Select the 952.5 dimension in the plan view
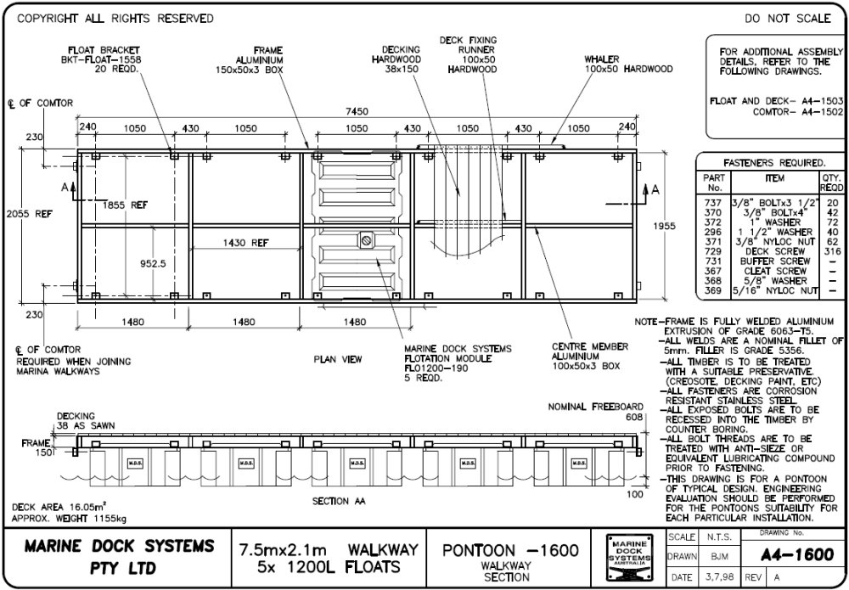point(154,264)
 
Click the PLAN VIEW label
point(338,359)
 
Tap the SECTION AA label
point(338,501)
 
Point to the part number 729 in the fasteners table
point(713,252)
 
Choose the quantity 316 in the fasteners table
point(831,252)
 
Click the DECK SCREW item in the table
point(773,252)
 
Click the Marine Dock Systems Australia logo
point(629,558)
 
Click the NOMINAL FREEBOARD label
point(595,407)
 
